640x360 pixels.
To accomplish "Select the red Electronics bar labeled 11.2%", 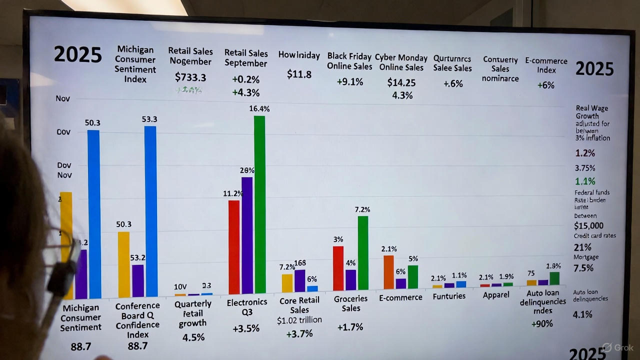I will coord(233,247).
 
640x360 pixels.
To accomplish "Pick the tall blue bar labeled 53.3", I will coord(150,210).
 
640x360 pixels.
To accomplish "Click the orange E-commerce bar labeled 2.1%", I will coord(388,272).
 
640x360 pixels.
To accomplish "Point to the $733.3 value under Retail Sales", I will coord(190,77).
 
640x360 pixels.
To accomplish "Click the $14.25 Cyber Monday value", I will coord(401,82).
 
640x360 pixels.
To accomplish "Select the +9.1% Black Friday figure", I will coord(349,81).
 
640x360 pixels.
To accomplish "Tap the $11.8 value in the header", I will coord(299,74).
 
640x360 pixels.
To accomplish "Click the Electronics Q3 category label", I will coord(247,307).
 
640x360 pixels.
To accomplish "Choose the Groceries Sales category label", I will coord(350,303).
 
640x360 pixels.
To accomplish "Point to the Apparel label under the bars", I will coord(496,294).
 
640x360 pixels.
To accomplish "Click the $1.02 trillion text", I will coord(299,320).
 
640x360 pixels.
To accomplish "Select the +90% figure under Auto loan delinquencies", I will coord(542,323).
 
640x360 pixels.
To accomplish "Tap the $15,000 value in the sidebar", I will coord(588,225).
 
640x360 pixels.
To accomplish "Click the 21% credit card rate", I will coord(583,247).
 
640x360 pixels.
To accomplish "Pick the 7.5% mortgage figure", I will coord(583,268).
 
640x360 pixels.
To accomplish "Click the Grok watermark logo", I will coord(618,347).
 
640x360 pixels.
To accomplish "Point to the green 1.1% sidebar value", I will coord(584,181).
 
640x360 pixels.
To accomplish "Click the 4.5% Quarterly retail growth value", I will coord(193,337).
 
